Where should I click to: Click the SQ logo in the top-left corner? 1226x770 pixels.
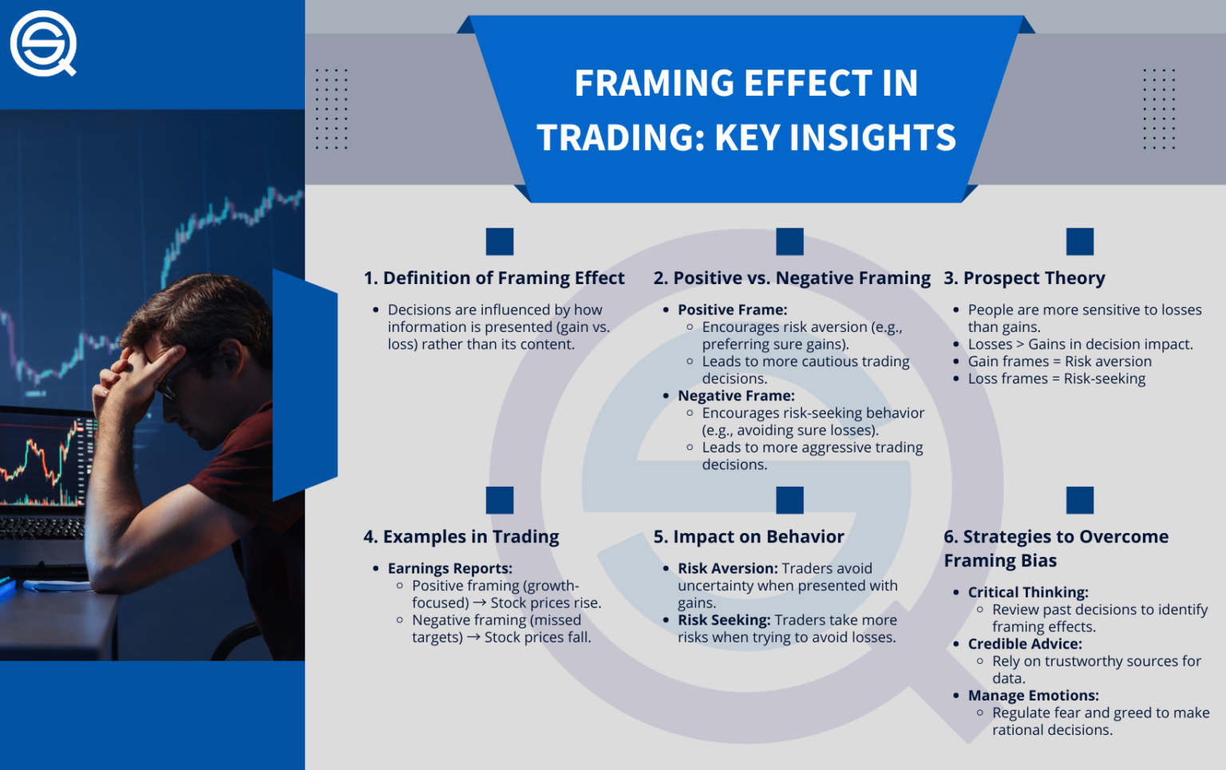(43, 43)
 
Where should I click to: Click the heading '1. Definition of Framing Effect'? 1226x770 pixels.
(494, 278)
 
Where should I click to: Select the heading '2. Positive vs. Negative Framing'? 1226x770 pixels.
(792, 278)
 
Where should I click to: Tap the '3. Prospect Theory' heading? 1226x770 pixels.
(1024, 278)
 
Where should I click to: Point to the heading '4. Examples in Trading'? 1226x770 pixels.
(461, 536)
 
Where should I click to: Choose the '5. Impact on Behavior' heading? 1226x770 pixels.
(749, 536)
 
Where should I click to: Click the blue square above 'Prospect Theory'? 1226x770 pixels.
(1079, 241)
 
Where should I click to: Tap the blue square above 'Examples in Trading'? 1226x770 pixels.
(500, 500)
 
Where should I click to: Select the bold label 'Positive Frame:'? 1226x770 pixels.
(732, 310)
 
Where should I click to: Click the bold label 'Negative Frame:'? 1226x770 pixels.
(736, 396)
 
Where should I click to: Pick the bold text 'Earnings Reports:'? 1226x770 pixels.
(449, 568)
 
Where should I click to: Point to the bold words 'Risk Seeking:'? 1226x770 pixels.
(724, 620)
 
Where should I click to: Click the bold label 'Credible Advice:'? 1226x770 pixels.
(1025, 644)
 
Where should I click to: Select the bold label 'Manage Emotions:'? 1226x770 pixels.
(1033, 696)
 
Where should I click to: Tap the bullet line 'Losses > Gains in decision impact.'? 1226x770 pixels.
(1080, 344)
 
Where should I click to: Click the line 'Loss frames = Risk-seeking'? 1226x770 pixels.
(1056, 378)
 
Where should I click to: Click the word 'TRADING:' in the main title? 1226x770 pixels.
(620, 137)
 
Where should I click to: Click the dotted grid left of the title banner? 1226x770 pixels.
(331, 109)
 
